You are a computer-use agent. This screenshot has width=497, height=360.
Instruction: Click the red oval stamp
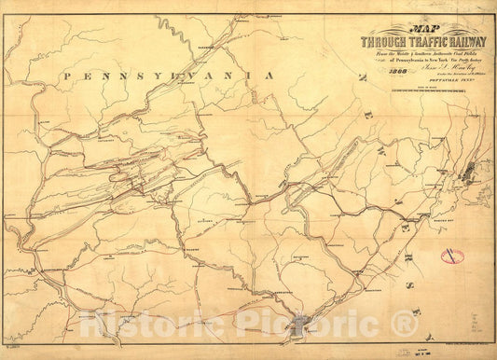pyautogui.click(x=453, y=255)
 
